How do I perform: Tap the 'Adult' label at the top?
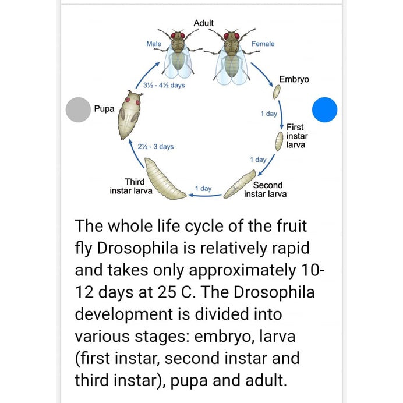[x=203, y=23]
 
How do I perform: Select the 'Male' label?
[x=154, y=44]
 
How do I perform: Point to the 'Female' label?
[x=263, y=44]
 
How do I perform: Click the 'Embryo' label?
[x=294, y=79]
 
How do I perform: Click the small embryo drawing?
[x=277, y=91]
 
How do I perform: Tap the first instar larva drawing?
[x=280, y=140]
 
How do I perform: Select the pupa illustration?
[x=129, y=114]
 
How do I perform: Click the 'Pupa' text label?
[x=104, y=109]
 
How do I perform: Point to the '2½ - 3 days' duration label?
[x=156, y=147]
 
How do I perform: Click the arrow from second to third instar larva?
[x=203, y=196]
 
